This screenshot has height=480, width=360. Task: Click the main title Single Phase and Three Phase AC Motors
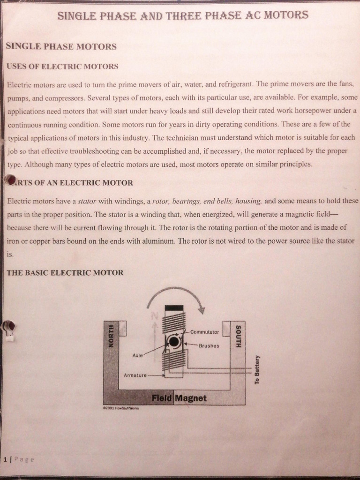point(183,15)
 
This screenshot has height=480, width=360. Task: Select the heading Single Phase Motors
point(61,46)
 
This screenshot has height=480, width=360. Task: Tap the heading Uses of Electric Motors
point(62,67)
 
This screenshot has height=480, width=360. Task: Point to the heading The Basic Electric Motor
point(65,272)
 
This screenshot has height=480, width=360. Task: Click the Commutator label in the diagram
point(204,332)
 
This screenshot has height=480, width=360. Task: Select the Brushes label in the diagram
point(209,345)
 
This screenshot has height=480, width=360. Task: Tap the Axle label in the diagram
point(137,355)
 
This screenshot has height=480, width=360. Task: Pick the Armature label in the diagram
point(135,375)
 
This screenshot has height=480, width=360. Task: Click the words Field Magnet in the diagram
point(179,398)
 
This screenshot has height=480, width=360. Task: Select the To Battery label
point(257,369)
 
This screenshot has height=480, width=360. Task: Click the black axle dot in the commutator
point(174,342)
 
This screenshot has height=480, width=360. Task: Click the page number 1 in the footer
point(6,459)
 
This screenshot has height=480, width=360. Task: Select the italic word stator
point(87,202)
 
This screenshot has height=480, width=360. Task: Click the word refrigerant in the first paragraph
point(235,84)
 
